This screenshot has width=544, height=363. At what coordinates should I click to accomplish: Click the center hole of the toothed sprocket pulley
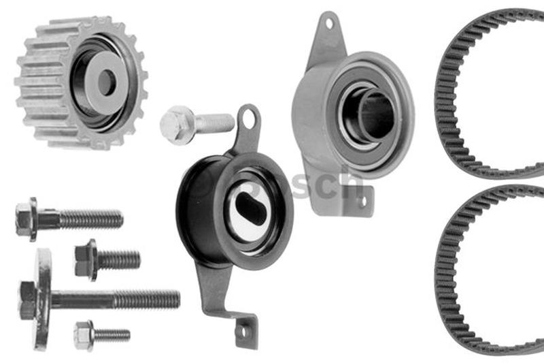(x=106, y=82)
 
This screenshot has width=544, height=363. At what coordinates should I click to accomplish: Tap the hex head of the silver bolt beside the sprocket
(x=174, y=125)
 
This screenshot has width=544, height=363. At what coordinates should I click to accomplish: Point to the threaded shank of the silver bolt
(x=215, y=123)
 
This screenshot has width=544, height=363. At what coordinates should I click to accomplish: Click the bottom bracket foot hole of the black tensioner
(x=242, y=332)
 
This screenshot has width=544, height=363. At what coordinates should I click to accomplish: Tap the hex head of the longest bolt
(x=28, y=300)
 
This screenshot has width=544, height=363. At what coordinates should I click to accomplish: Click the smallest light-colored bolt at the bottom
(x=102, y=334)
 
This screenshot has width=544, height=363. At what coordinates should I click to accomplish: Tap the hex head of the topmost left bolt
(x=26, y=219)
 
